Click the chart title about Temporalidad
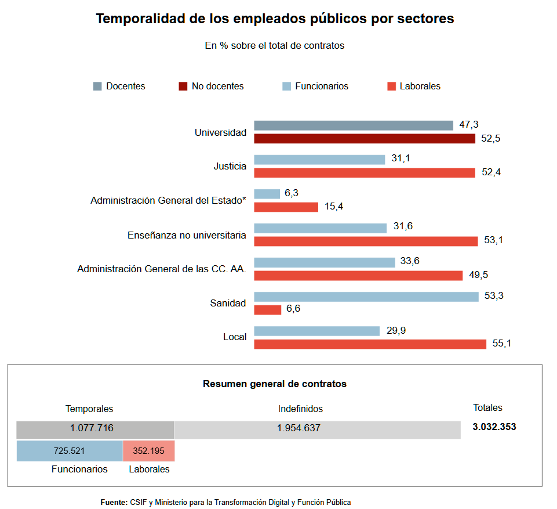275,19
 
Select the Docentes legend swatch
97,86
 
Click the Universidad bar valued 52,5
365,139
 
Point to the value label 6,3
292,193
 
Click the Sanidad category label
228,303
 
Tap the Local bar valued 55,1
370,344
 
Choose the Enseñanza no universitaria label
187,236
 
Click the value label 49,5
478,275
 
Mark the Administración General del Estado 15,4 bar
286,207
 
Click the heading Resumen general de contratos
275,384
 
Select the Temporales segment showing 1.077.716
95,429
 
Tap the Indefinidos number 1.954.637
298,428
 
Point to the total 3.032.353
494,427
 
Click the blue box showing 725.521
70,451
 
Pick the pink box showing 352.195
149,451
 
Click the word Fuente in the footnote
114,502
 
